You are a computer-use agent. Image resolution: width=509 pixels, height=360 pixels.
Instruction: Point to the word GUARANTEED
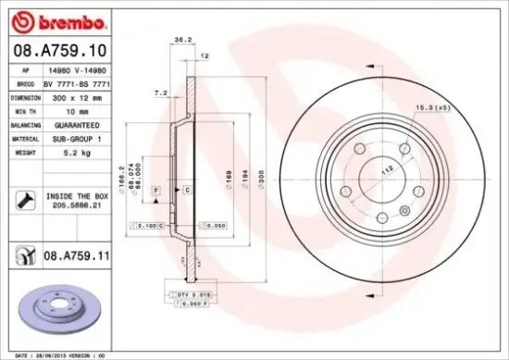(76, 123)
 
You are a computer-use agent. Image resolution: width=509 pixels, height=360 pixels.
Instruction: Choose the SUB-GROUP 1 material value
(76, 137)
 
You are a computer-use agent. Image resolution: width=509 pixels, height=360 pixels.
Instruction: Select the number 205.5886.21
(77, 207)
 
